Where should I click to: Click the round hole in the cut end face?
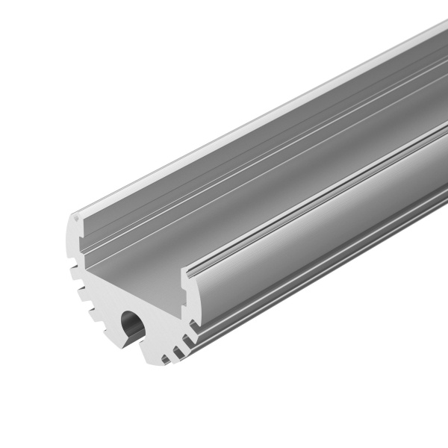134,323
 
